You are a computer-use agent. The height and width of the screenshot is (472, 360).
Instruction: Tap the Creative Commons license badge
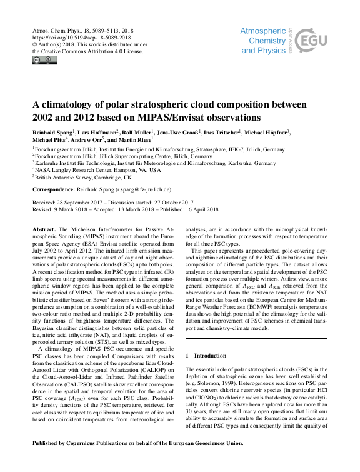pyautogui.click(x=44, y=60)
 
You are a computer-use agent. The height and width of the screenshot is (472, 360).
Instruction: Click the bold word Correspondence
pyautogui.click(x=54, y=189)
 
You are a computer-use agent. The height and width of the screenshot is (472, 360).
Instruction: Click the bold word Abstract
pyautogui.click(x=44, y=231)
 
